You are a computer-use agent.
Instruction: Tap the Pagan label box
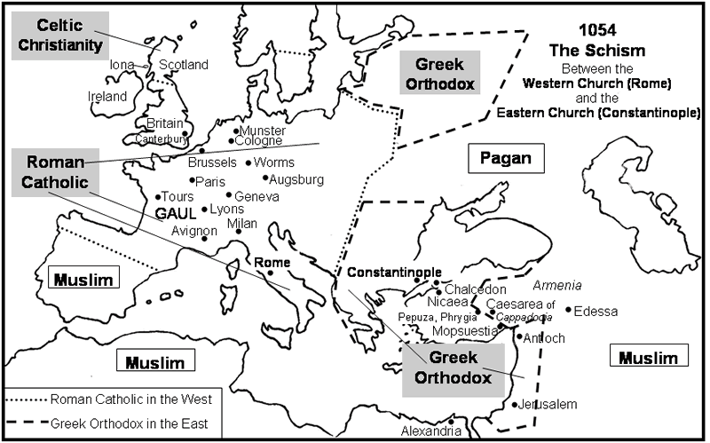505,159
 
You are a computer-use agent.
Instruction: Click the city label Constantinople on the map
393,272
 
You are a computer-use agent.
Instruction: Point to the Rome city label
272,263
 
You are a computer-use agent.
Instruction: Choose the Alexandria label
431,431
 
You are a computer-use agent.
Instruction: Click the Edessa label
596,311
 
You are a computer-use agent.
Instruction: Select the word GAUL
175,213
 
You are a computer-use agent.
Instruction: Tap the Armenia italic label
556,285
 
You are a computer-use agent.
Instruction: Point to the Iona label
122,65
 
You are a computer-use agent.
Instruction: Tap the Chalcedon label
475,289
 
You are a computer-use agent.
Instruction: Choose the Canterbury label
161,139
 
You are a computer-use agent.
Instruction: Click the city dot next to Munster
235,131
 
